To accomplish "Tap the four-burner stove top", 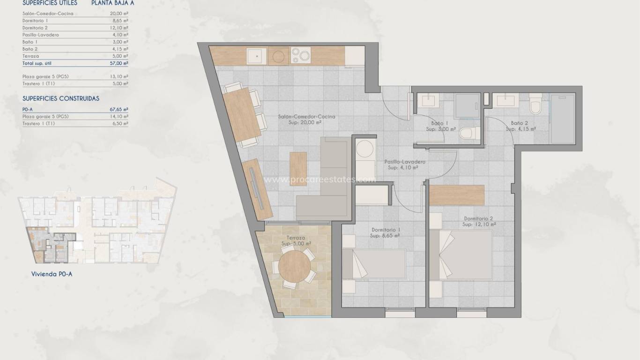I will pos(300,56).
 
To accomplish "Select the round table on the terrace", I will pos(294,268).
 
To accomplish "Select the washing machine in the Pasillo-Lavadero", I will pos(364,151).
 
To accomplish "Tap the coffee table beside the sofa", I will pos(298,169).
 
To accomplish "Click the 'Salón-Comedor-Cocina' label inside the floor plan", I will pos(306,117).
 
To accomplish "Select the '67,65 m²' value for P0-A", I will pos(119,109).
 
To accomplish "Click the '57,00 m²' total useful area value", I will pos(119,63).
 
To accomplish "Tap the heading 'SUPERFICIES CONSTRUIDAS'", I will pos(61,98).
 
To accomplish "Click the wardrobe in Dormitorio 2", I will pos(456,195).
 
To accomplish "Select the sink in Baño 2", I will pos(506,99).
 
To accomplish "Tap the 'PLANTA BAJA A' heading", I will pos(112,3).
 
